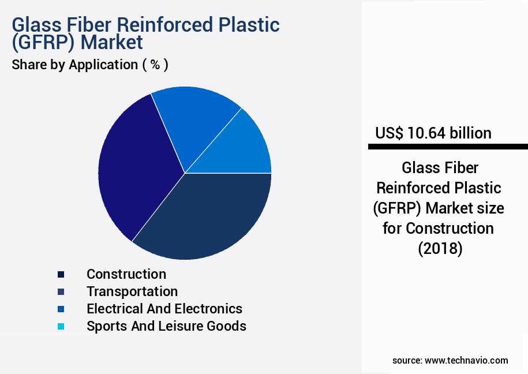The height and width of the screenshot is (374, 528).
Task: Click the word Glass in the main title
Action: pos(37,25)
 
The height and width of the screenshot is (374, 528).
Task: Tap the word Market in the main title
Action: pos(112,42)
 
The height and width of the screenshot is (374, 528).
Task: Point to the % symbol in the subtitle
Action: pos(155,65)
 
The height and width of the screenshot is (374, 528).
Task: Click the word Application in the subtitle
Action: pos(103,65)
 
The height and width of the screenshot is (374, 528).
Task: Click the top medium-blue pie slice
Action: pos(192,121)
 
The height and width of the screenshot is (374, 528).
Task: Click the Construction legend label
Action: pos(126,274)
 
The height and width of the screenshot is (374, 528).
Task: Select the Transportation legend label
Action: pos(132,291)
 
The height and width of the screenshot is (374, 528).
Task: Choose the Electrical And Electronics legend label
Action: pos(164,309)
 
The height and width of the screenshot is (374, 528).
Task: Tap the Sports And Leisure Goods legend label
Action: pos(166,326)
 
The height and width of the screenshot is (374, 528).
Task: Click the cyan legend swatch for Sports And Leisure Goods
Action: pos(61,326)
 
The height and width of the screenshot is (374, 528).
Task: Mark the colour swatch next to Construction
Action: pos(61,274)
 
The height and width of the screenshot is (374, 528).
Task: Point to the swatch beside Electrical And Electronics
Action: pos(61,309)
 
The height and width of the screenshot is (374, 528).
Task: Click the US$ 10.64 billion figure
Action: pos(433,133)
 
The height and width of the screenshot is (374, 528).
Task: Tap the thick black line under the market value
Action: pos(448,147)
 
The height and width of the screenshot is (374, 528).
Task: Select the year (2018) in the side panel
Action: pos(440,249)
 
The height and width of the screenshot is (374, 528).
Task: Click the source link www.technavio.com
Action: pos(466,361)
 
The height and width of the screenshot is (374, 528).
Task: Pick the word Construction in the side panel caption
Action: pos(450,229)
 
